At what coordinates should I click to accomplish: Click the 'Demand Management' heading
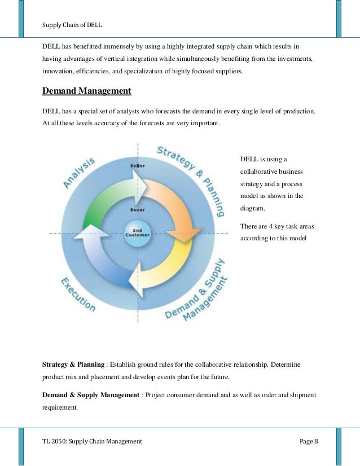coord(87,90)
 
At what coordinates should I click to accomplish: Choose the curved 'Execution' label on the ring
coord(78,293)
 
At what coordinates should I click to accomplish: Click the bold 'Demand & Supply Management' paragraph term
coord(91,394)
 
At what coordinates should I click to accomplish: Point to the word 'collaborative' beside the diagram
coord(260,171)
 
